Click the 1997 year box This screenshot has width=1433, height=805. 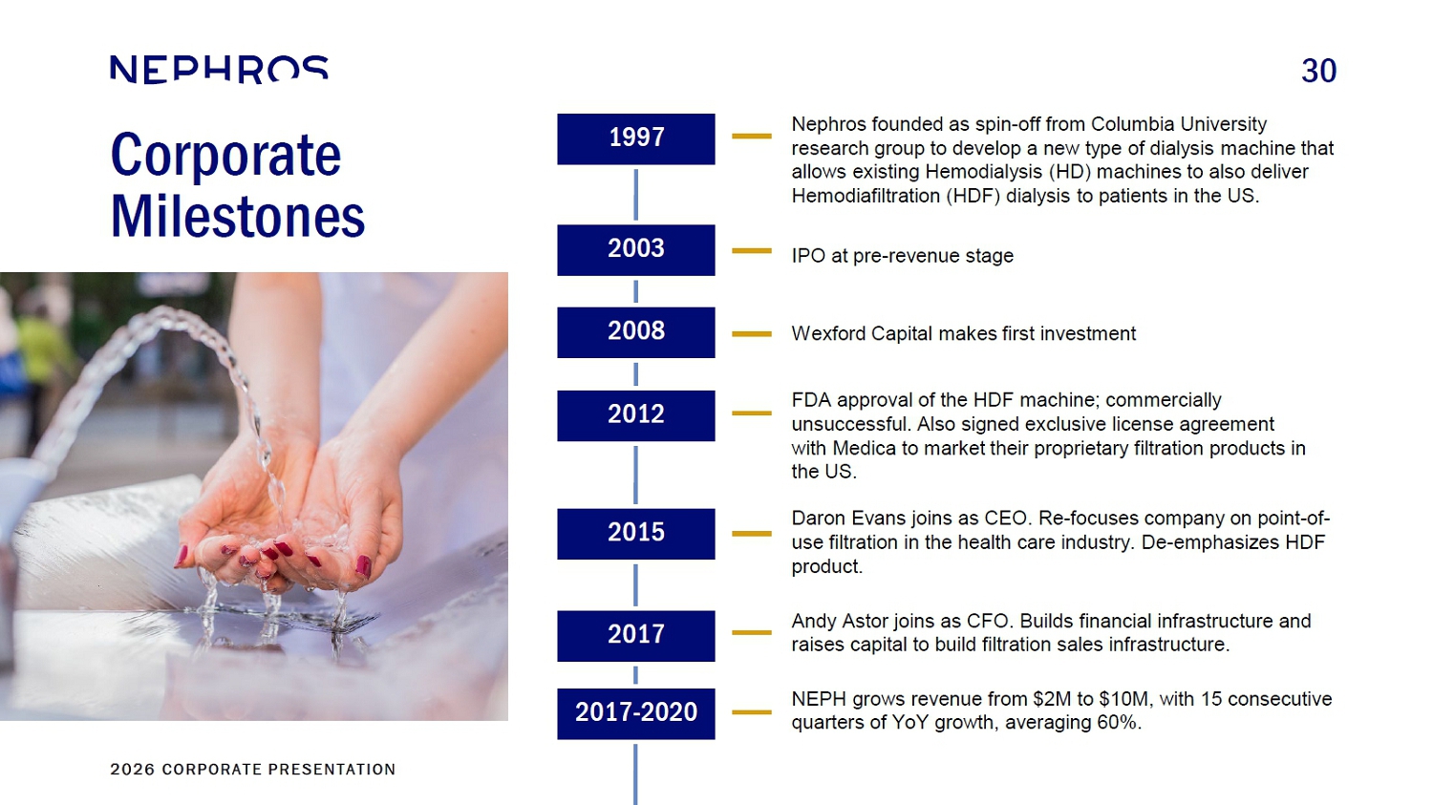(x=636, y=138)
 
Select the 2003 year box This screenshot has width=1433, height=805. (x=636, y=250)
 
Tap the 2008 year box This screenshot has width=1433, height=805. (x=636, y=332)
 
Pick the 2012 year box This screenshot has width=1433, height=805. (x=636, y=415)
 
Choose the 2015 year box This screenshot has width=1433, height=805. (x=636, y=534)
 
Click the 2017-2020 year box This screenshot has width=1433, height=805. (x=636, y=713)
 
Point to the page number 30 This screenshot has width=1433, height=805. (x=1318, y=71)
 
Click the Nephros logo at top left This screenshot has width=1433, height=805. (x=220, y=69)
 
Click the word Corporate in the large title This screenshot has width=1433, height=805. (x=226, y=155)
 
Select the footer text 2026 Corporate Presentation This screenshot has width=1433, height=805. (x=253, y=770)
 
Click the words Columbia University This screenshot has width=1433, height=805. (x=1178, y=124)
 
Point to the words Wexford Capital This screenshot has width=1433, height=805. (x=863, y=334)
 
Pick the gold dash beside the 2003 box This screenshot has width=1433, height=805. (x=752, y=250)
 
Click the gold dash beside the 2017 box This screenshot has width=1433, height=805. (x=752, y=632)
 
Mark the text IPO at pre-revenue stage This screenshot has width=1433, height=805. (x=903, y=256)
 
